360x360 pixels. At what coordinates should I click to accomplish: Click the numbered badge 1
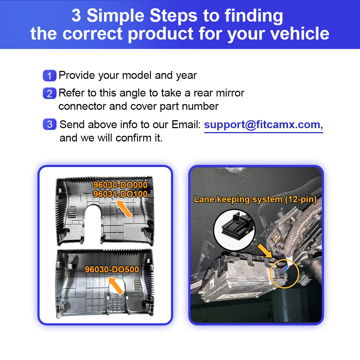(x=49, y=76)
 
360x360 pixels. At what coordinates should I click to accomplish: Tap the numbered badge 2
(x=49, y=93)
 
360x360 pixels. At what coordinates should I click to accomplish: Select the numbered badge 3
(x=49, y=124)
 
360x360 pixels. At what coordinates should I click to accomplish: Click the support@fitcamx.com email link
(x=264, y=125)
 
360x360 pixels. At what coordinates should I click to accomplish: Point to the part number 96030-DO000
(x=120, y=185)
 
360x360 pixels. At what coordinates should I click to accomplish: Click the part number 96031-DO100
(x=120, y=194)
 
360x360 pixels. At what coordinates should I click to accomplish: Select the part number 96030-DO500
(x=112, y=269)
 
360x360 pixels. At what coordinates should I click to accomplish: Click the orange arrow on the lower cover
(x=116, y=285)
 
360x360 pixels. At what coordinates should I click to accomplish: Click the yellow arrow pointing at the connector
(x=265, y=251)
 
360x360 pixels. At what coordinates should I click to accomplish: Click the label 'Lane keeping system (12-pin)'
(x=255, y=199)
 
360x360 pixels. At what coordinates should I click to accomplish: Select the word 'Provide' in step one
(x=77, y=75)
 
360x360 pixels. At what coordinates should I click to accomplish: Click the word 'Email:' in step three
(x=186, y=125)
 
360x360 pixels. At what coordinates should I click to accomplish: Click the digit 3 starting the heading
(x=76, y=15)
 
